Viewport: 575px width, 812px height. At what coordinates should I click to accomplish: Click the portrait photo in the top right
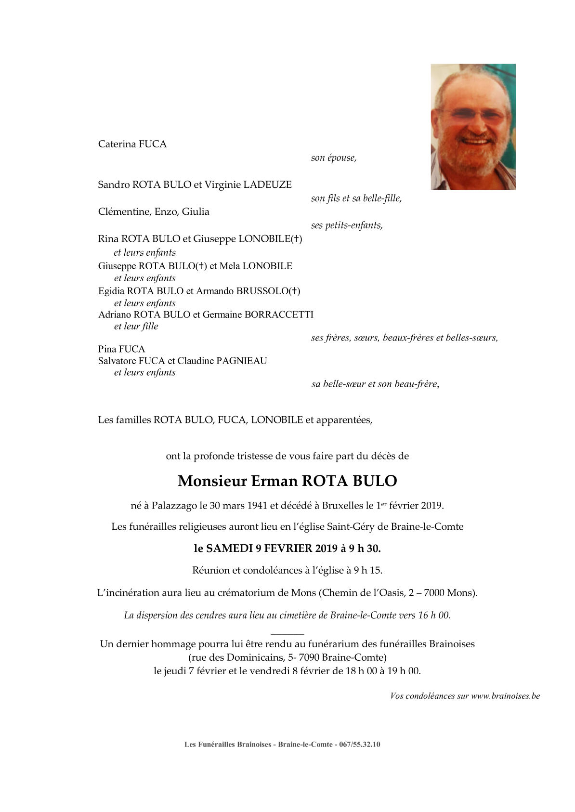click(x=473, y=127)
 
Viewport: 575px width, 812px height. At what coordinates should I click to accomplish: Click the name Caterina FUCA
click(x=132, y=144)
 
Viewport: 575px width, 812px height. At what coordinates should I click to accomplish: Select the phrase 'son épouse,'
click(x=334, y=158)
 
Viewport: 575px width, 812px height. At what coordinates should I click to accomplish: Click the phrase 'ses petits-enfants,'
click(x=347, y=225)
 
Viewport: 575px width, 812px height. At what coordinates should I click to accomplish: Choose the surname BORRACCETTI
click(x=279, y=314)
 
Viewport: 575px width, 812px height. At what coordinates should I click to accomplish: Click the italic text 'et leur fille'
click(x=136, y=326)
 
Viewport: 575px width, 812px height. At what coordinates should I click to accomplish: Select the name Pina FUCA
click(x=121, y=349)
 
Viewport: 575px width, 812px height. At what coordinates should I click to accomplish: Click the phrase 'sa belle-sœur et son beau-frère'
click(x=375, y=384)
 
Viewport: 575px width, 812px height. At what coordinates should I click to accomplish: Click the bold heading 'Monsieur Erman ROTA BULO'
click(x=287, y=481)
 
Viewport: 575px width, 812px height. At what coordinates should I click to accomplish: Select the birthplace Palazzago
click(x=174, y=506)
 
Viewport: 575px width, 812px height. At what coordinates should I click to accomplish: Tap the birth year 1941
click(x=257, y=506)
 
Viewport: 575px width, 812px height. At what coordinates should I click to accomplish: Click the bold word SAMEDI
click(x=229, y=548)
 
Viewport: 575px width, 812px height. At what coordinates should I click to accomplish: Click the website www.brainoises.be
click(x=505, y=696)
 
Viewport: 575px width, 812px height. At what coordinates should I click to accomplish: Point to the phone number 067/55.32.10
click(x=359, y=744)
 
